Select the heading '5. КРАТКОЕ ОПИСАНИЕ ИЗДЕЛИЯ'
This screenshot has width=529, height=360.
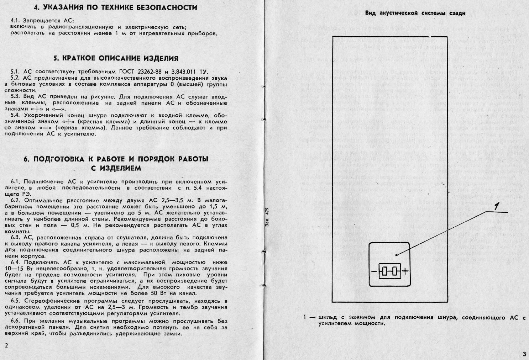pos(116,58)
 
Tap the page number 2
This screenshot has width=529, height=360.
pos(7,345)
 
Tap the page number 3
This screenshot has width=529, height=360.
pos(524,354)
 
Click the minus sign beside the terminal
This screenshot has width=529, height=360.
pos(374,271)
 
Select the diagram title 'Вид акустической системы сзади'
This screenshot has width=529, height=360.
pos(415,13)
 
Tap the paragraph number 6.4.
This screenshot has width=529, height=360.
pos(16,263)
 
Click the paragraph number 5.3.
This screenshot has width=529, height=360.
pos(16,97)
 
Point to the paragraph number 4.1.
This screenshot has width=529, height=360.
pos(16,20)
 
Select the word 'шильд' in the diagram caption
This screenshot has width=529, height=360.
pos(328,317)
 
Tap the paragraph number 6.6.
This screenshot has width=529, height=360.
pos(16,321)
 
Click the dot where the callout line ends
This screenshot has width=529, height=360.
pos(396,255)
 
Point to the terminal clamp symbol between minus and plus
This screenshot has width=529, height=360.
pos(389,271)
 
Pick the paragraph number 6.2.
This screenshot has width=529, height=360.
pos(16,200)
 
